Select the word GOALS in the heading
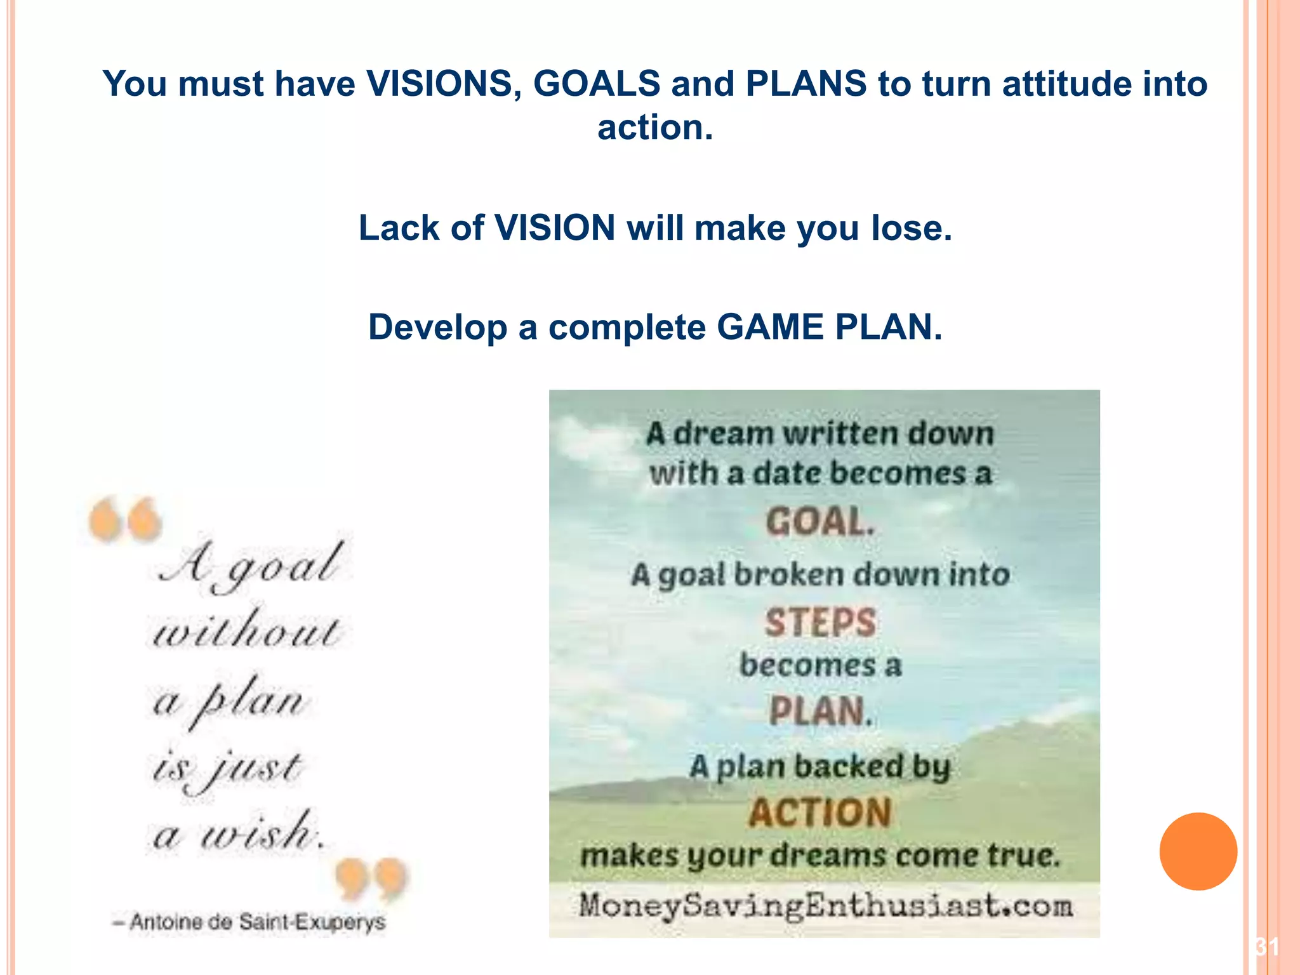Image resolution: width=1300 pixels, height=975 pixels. point(597,84)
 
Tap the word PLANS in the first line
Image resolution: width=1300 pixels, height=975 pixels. point(806,84)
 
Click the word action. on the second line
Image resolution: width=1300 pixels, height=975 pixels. point(655,128)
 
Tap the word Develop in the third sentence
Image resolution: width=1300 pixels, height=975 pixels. point(437,328)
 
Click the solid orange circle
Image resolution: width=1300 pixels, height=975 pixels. point(1198,851)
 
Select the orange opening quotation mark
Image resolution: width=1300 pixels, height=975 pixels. point(125,519)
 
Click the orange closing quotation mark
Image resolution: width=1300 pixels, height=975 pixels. point(371,879)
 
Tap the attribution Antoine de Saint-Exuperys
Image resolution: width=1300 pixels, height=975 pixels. point(249,922)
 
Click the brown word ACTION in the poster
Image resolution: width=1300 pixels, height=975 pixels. point(820,812)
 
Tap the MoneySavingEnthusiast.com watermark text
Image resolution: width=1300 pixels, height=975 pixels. point(825,905)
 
